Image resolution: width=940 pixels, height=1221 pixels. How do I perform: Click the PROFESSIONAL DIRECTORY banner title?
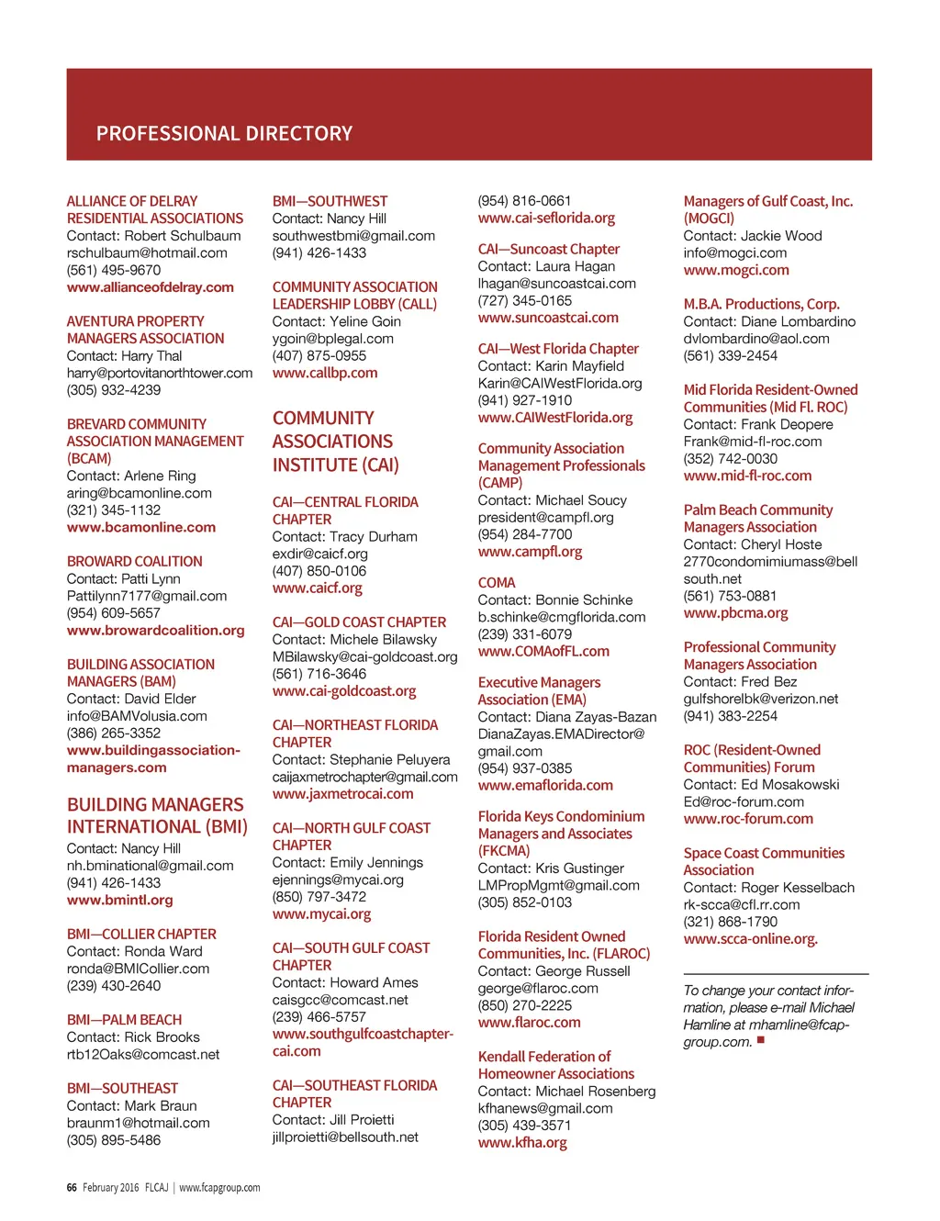click(x=224, y=134)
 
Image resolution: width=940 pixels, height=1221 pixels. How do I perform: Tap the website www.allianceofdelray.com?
click(x=150, y=287)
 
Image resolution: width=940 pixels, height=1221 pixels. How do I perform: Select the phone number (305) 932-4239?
click(x=114, y=390)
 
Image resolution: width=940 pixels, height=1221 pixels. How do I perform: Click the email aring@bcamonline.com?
click(x=139, y=493)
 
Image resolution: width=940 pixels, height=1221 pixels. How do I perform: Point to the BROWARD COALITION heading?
click(x=134, y=561)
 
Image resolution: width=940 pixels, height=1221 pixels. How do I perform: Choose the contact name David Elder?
click(x=160, y=699)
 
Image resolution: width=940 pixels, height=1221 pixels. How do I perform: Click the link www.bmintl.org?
click(x=119, y=900)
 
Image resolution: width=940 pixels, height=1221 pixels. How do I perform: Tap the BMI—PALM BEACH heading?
click(x=124, y=1020)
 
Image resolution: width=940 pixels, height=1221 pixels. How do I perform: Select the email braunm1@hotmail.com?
click(x=138, y=1123)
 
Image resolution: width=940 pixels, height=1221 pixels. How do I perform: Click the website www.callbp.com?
click(x=325, y=373)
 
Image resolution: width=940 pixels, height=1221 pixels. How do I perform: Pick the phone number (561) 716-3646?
click(x=319, y=674)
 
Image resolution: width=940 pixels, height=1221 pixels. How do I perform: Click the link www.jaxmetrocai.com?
click(x=342, y=794)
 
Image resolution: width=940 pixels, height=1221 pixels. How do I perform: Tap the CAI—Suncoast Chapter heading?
click(x=548, y=250)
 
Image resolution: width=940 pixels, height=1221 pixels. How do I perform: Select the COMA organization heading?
click(x=497, y=583)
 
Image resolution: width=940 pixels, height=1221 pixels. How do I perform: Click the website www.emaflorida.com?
click(x=545, y=786)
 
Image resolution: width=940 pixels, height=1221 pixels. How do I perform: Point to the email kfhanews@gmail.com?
click(x=545, y=1108)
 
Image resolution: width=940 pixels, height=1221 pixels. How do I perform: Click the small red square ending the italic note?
click(x=760, y=1040)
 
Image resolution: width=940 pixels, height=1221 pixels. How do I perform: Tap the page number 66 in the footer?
click(x=72, y=1187)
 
